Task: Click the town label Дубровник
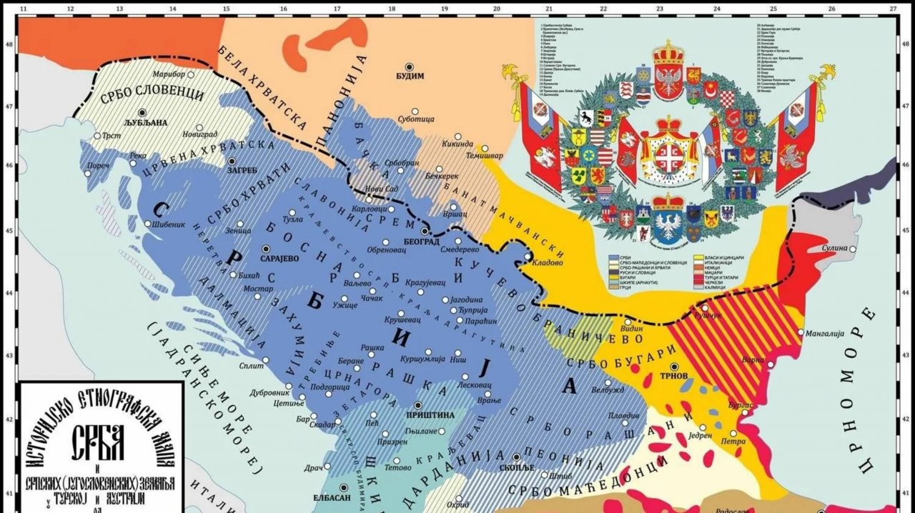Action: pos(269,393)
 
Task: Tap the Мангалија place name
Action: pos(824,333)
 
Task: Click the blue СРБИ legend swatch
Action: pos(614,255)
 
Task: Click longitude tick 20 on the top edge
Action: pos(496,9)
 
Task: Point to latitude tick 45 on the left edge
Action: pos(8,230)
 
